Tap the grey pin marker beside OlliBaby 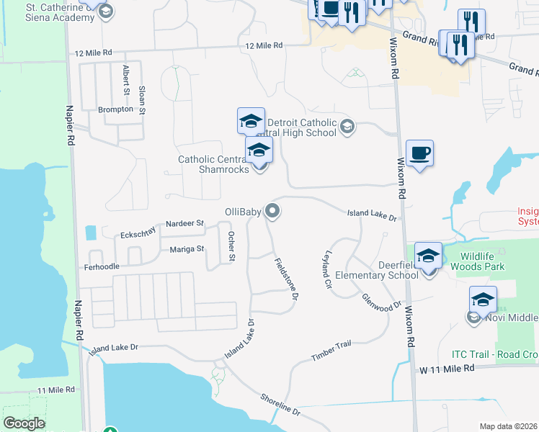click(x=272, y=211)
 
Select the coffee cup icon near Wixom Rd click(x=419, y=153)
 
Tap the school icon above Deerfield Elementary click(x=429, y=256)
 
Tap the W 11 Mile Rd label click(x=448, y=369)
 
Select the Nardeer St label click(x=185, y=224)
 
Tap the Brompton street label click(x=115, y=109)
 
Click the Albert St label click(x=127, y=79)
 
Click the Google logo click(x=24, y=423)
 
